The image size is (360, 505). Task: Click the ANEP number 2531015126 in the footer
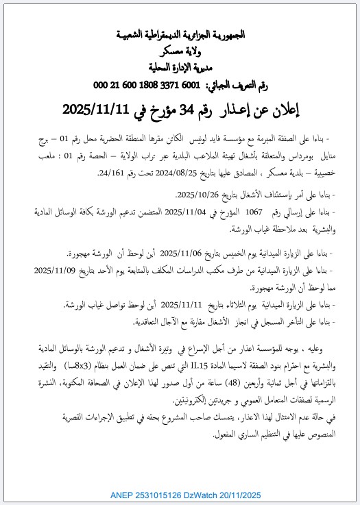161,494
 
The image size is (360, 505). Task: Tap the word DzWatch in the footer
209,494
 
